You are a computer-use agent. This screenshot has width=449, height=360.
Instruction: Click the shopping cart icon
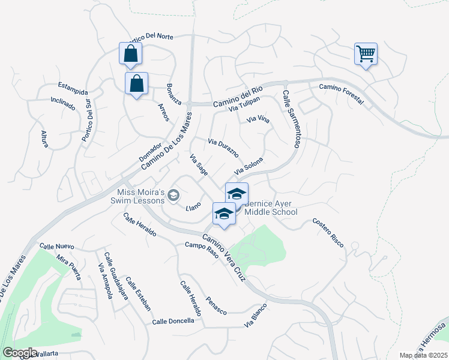click(365, 54)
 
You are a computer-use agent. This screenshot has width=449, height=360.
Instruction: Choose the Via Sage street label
click(199, 165)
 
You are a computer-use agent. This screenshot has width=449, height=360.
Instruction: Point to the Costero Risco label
click(328, 232)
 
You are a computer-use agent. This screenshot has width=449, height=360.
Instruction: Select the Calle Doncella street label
click(173, 321)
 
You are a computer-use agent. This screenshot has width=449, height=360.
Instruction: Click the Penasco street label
click(215, 305)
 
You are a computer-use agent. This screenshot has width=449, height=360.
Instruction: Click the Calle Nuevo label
click(56, 246)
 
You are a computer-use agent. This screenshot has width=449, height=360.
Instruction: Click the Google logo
click(20, 352)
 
